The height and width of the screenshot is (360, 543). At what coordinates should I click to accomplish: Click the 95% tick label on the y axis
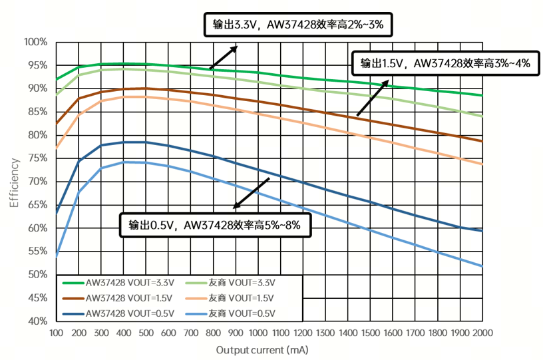click(37, 65)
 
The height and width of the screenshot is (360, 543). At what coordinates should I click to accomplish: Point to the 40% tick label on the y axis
click(37, 321)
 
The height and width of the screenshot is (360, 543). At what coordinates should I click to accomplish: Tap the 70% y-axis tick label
click(37, 182)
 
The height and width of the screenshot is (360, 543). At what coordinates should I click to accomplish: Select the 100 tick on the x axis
click(56, 332)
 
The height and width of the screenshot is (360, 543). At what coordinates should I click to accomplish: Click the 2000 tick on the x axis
click(482, 332)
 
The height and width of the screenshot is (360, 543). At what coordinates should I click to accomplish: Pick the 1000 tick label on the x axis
click(258, 332)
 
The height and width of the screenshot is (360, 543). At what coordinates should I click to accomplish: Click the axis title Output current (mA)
click(262, 349)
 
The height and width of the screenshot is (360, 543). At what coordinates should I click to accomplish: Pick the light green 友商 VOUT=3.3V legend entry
click(240, 282)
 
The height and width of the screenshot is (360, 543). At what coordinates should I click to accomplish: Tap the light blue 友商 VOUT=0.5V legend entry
click(240, 313)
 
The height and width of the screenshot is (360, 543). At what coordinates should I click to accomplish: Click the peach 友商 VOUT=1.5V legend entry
click(240, 297)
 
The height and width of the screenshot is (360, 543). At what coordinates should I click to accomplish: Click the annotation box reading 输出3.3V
click(297, 25)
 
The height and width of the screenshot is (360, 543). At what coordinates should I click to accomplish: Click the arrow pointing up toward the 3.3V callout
click(224, 57)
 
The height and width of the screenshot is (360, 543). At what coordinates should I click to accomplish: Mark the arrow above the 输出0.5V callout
click(251, 194)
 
